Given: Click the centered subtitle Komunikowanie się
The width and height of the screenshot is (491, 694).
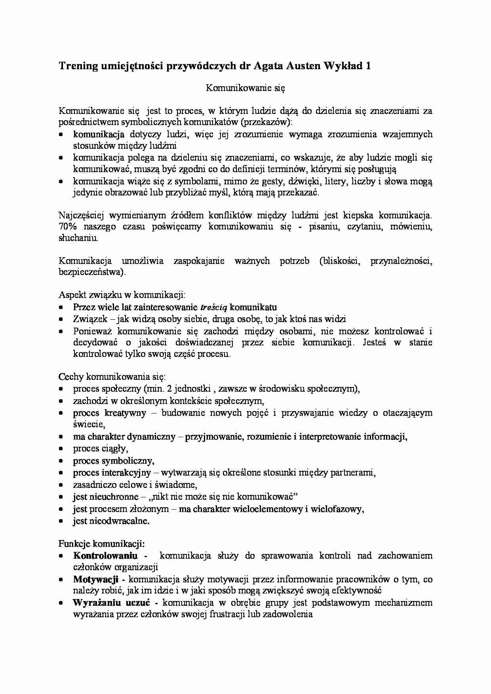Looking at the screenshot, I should [246, 88].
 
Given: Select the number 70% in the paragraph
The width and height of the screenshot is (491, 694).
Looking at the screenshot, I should [68, 227].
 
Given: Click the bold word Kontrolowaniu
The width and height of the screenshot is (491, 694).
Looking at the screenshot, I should [105, 556].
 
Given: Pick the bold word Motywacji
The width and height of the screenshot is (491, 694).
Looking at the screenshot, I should [96, 579].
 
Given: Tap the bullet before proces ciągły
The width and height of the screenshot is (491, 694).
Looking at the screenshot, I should [61, 449].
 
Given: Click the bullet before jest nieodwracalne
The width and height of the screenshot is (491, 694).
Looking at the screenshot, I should [61, 521].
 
